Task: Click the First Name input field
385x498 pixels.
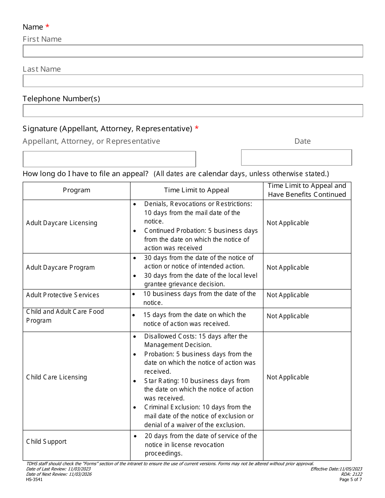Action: coord(192,51)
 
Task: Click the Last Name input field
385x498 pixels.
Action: coord(192,81)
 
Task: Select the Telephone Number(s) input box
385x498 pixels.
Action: coord(192,111)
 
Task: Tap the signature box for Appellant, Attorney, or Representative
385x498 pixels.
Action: coord(109,159)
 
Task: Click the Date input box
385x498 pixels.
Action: coord(296,157)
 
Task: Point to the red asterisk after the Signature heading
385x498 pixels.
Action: coord(197,128)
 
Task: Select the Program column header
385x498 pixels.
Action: coord(77,190)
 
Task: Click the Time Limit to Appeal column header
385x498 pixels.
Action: coord(197,190)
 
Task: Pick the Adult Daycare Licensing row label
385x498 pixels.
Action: coord(62,223)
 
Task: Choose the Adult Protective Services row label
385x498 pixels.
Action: coord(62,295)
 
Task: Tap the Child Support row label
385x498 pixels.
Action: coord(46,442)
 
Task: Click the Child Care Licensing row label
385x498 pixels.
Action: coord(56,377)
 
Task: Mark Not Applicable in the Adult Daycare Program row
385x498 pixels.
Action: coord(288,268)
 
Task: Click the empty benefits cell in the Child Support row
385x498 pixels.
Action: coord(307,445)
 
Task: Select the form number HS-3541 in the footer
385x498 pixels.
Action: coord(34,480)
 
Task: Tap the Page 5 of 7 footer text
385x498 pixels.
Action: coord(351,480)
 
